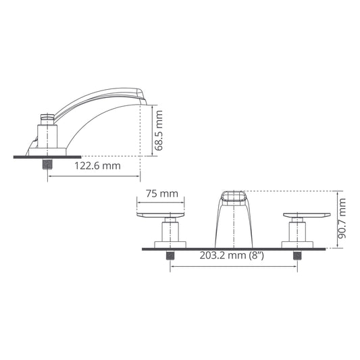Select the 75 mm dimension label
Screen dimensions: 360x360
(x=161, y=194)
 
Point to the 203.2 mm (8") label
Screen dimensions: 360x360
(x=232, y=256)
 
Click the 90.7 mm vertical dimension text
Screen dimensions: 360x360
(x=342, y=219)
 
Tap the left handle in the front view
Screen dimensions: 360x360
(x=160, y=216)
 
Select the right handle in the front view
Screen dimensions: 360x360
(x=307, y=216)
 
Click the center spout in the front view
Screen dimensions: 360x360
(x=234, y=223)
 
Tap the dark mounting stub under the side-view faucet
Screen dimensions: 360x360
(x=47, y=163)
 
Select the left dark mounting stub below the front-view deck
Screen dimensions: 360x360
(x=171, y=255)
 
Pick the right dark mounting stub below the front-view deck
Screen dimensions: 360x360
(x=297, y=255)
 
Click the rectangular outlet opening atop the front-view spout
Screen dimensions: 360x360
(x=234, y=197)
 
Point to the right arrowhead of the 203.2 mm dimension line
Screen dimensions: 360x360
(x=295, y=266)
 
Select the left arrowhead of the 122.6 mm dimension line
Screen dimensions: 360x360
(x=49, y=176)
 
